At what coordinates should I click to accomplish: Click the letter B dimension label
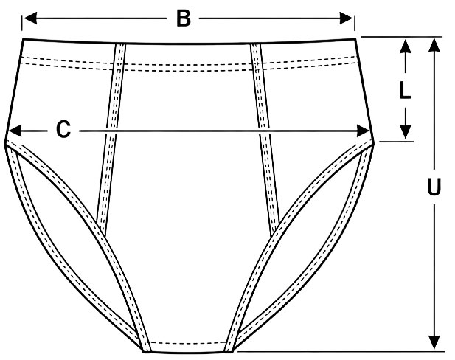click(x=184, y=18)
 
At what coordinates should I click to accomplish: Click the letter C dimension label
click(x=63, y=129)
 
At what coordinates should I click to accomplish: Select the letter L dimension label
click(x=405, y=90)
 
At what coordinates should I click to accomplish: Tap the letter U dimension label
click(x=434, y=186)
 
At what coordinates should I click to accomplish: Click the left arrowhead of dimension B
click(x=30, y=18)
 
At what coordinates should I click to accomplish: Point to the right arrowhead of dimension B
click(x=346, y=18)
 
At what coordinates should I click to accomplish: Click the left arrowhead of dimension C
click(x=15, y=131)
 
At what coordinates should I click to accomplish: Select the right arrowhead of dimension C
click(x=363, y=131)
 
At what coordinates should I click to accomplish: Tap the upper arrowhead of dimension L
click(x=405, y=46)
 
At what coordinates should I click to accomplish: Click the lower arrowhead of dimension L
click(x=405, y=131)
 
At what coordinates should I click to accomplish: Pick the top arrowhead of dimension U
click(x=434, y=44)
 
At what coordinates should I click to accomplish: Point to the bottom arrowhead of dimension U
click(x=434, y=342)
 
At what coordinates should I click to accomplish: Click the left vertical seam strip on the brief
click(x=111, y=139)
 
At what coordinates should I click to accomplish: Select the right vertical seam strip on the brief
click(x=265, y=139)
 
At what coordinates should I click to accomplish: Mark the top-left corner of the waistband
click(x=23, y=38)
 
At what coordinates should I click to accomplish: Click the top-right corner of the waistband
click(x=355, y=38)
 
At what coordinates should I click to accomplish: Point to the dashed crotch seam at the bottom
click(x=188, y=343)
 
